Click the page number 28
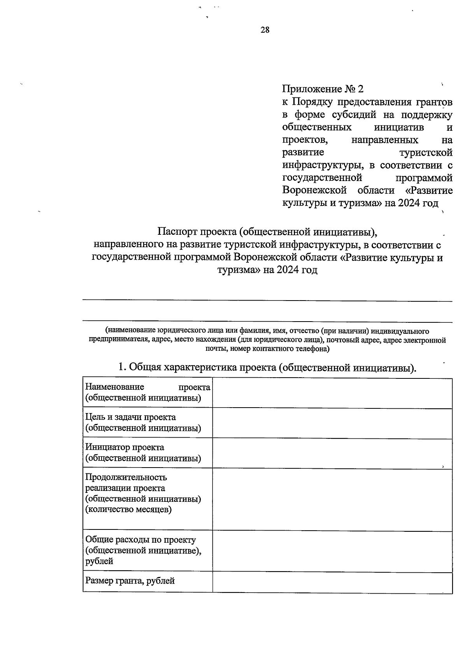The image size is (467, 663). tap(265, 30)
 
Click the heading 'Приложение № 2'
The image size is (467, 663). tap(323, 89)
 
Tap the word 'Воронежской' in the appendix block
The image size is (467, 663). tap(314, 191)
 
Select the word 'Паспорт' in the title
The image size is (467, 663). tap(177, 232)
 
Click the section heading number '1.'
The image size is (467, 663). tap(122, 367)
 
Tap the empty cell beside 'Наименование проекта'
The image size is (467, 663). tap(332, 393)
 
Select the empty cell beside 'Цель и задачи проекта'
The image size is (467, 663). tap(332, 423)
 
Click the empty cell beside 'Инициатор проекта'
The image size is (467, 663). tap(332, 453)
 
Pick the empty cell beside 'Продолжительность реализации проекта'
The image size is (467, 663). tap(332, 499)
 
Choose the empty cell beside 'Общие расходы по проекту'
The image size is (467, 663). tap(332, 551)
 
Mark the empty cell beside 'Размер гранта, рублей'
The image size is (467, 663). tap(332, 582)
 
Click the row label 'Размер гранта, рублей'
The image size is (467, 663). tap(130, 581)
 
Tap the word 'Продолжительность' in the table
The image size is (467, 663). tap(126, 477)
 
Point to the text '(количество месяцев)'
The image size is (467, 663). tap(128, 509)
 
